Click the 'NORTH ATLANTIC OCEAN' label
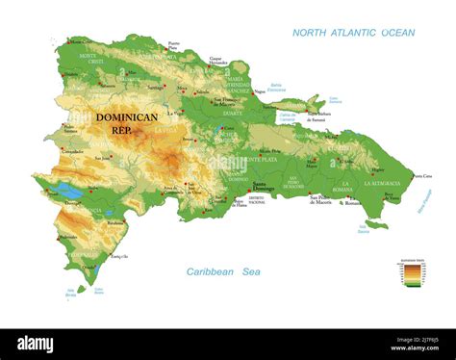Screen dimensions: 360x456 tap(353, 33)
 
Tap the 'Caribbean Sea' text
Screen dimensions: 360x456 tap(223, 272)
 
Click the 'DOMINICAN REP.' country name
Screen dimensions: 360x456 tap(126, 123)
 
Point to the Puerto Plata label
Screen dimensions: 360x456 tap(173, 45)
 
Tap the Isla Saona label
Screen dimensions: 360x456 tap(363, 229)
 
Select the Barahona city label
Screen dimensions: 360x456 tap(115, 221)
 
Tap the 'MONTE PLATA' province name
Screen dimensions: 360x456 tap(260, 159)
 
